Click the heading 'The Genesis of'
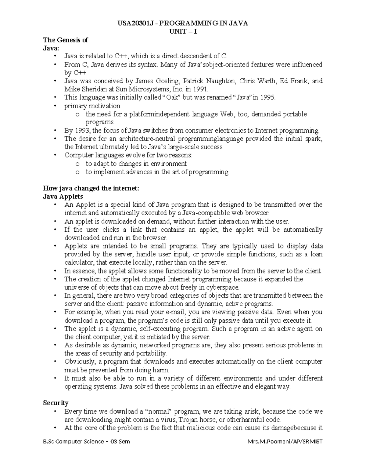65,40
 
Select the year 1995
267,98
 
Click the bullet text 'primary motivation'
92,106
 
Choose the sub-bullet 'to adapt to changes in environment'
136,164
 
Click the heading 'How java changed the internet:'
91,188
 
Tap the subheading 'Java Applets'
63,197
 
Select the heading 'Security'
56,403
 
